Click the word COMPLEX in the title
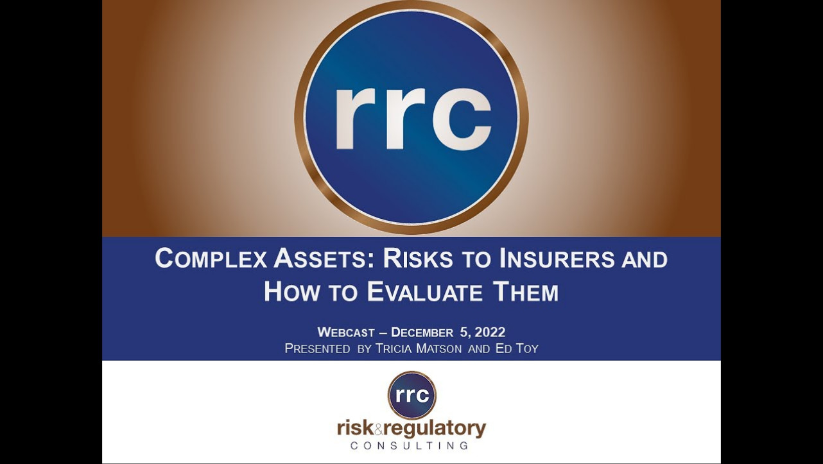pyautogui.click(x=211, y=258)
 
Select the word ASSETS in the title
pyautogui.click(x=320, y=258)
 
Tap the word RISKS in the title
pyautogui.click(x=417, y=258)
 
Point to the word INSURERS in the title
pyautogui.click(x=557, y=258)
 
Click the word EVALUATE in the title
pyautogui.click(x=424, y=292)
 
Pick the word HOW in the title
pyautogui.click(x=291, y=292)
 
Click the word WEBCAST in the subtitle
pyautogui.click(x=346, y=332)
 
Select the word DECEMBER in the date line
pyautogui.click(x=422, y=332)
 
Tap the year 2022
pyautogui.click(x=490, y=332)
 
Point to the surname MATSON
pyautogui.click(x=438, y=348)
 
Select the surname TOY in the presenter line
pyautogui.click(x=527, y=348)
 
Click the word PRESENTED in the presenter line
pyautogui.click(x=317, y=348)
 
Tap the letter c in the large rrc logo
pyautogui.click(x=462, y=119)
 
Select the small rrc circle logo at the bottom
pyautogui.click(x=412, y=395)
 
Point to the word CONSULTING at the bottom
pyautogui.click(x=410, y=445)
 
